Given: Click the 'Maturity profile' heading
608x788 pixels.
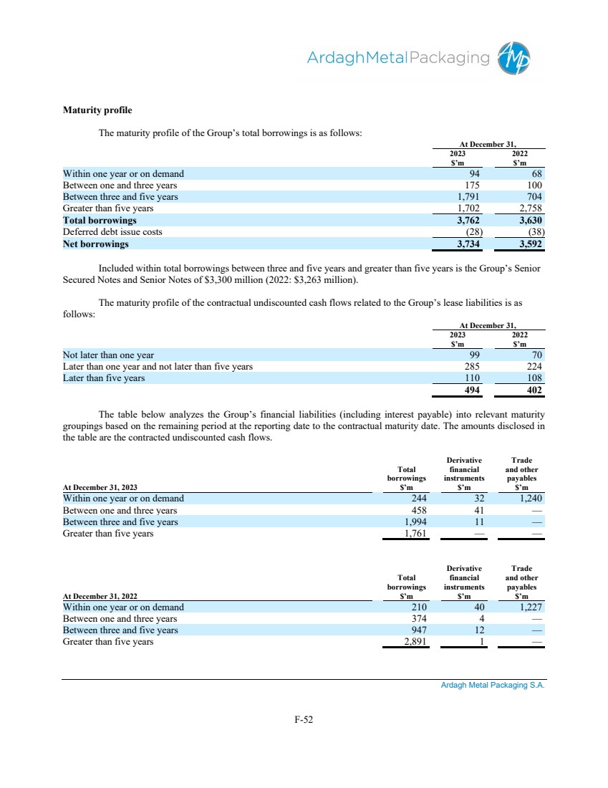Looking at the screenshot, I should click(97, 111).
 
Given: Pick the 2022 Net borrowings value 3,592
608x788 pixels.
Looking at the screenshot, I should click(529, 244).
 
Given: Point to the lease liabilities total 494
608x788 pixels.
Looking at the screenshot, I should click(470, 390).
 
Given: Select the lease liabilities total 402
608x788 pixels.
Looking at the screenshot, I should click(532, 390).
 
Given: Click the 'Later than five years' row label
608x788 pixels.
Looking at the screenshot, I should click(104, 378).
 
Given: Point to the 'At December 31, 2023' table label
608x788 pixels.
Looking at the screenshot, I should click(100, 487).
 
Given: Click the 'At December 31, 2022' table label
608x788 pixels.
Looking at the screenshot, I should click(100, 596).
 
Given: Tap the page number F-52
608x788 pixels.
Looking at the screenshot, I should click(304, 720).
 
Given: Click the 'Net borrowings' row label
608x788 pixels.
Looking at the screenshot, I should click(96, 244).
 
